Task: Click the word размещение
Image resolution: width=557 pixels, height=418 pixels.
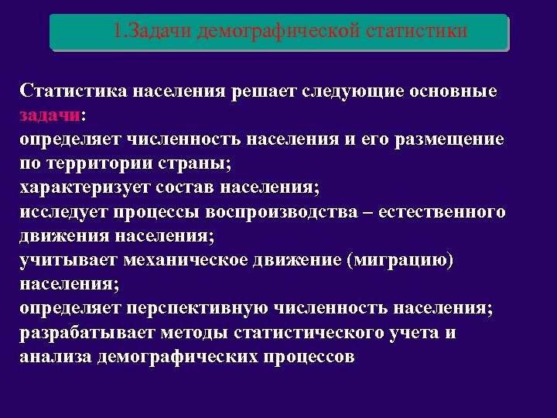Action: pyautogui.click(x=449, y=140)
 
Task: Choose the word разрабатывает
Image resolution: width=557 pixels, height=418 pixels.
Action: pyautogui.click(x=87, y=333)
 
